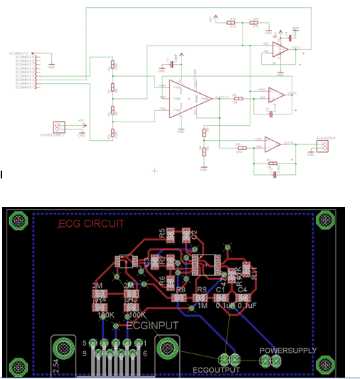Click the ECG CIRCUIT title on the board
tap(91, 224)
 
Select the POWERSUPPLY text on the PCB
tap(285, 351)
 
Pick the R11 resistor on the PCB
tap(246, 269)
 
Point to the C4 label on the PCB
tap(242, 290)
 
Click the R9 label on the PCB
tap(202, 290)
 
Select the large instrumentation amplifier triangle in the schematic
tap(193, 98)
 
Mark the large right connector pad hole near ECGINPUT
tap(167, 348)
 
